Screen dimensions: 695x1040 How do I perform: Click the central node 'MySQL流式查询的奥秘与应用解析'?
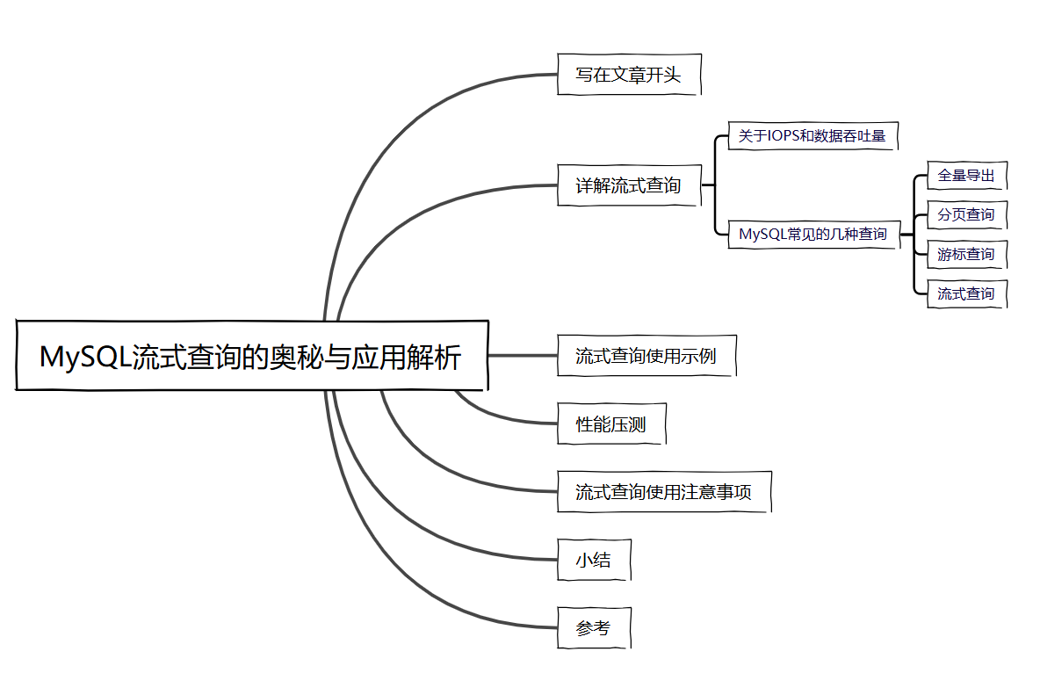pos(251,356)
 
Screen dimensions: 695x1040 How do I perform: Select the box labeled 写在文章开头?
pos(629,75)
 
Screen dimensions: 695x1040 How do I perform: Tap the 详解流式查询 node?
pos(629,185)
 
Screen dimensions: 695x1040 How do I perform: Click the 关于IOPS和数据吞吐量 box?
pos(812,136)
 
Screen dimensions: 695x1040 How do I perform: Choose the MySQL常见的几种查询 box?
pos(813,234)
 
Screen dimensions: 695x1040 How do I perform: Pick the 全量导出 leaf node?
pos(966,175)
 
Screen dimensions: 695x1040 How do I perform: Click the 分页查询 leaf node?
pos(966,214)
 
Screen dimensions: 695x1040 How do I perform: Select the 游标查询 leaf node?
pos(966,254)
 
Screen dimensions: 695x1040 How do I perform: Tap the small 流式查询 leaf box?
pos(966,293)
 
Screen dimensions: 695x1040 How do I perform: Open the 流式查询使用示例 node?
pos(646,356)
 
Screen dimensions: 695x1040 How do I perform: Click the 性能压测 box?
pos(611,424)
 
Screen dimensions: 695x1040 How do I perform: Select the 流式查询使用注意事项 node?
pos(664,492)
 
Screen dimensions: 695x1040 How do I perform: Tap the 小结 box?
pos(594,560)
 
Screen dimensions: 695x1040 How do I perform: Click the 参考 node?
pos(594,627)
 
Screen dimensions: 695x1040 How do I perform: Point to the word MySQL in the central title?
pos(84,357)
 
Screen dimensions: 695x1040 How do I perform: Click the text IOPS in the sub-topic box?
pos(787,136)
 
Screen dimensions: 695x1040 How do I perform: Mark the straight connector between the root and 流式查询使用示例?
pos(523,356)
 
